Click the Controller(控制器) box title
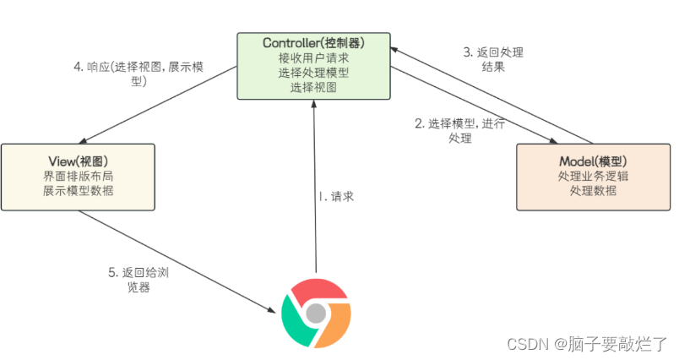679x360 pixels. click(313, 41)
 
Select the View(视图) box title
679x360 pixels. click(77, 161)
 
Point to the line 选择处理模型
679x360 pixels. click(313, 72)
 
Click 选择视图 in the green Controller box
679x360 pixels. click(313, 87)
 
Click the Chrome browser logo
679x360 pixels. click(315, 314)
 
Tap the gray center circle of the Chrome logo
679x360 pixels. click(315, 314)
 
